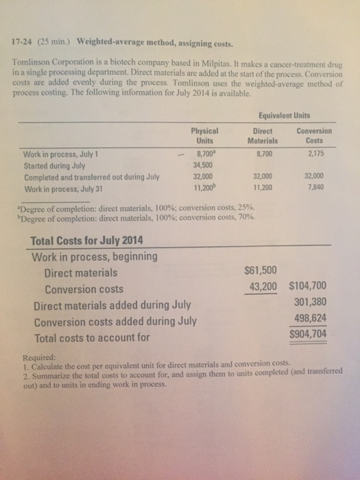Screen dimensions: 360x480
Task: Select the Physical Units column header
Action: [x=204, y=134]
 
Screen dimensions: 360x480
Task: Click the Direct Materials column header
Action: [x=264, y=134]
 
